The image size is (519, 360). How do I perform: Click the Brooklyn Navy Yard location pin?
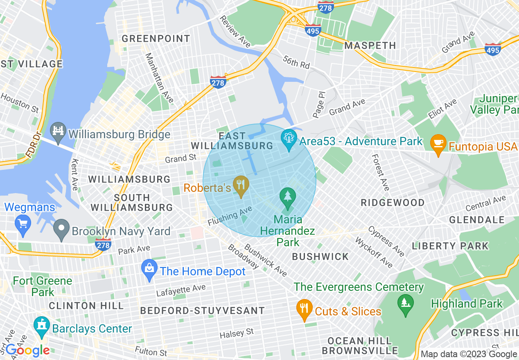click(62, 229)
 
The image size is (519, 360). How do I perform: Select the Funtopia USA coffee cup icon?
click(438, 144)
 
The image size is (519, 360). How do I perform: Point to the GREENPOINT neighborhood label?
click(156, 39)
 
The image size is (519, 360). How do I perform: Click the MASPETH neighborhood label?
click(370, 45)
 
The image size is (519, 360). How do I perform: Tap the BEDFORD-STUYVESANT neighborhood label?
click(203, 310)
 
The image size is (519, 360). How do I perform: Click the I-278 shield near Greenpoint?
click(218, 81)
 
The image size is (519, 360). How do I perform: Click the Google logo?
click(27, 350)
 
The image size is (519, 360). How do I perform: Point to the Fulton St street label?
click(151, 352)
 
